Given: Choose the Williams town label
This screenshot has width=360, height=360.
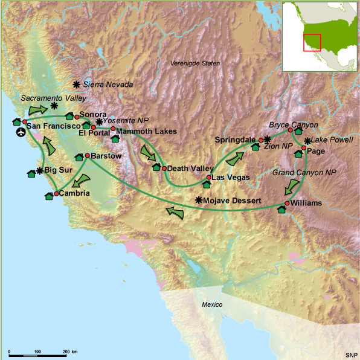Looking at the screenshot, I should [x=306, y=204].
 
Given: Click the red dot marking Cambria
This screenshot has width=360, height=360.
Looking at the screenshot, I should [x=56, y=193].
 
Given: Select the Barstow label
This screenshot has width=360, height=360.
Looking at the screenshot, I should [x=106, y=156].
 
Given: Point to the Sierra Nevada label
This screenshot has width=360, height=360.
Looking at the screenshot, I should [x=108, y=86].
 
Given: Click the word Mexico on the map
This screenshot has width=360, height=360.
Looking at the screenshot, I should [x=213, y=304].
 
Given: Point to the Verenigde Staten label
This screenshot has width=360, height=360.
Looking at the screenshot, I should [x=194, y=63].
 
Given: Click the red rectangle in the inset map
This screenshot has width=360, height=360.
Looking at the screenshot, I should [x=311, y=42].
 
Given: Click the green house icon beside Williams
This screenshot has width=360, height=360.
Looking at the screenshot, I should [x=281, y=210].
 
